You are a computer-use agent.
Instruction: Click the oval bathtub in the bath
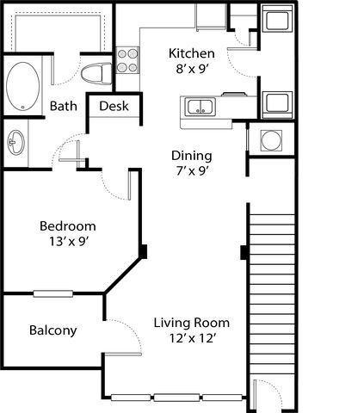coord(22,86)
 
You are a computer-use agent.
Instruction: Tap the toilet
coord(96,74)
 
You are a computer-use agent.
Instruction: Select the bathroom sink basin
coord(16,143)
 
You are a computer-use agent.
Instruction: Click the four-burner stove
coord(127,60)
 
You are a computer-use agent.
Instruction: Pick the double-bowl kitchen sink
coord(201,107)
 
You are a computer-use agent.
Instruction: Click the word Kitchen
coord(192,53)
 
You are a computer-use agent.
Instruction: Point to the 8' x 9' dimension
coord(192,69)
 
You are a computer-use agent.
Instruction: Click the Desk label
coord(114,106)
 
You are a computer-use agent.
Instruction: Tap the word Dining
coord(192,156)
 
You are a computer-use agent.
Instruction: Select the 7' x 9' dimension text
coord(192,171)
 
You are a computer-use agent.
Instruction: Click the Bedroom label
coord(68,226)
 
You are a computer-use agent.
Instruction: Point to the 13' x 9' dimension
coord(68,242)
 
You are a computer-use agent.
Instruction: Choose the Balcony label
coord(53,330)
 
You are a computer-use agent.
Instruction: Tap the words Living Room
coord(192,323)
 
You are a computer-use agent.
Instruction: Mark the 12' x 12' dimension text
coord(192,338)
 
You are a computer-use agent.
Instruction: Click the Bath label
coord(64,106)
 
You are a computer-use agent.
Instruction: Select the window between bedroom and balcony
coord(53,293)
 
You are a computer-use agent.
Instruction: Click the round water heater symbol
coord(271,140)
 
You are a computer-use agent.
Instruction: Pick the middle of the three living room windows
coord(176,398)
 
